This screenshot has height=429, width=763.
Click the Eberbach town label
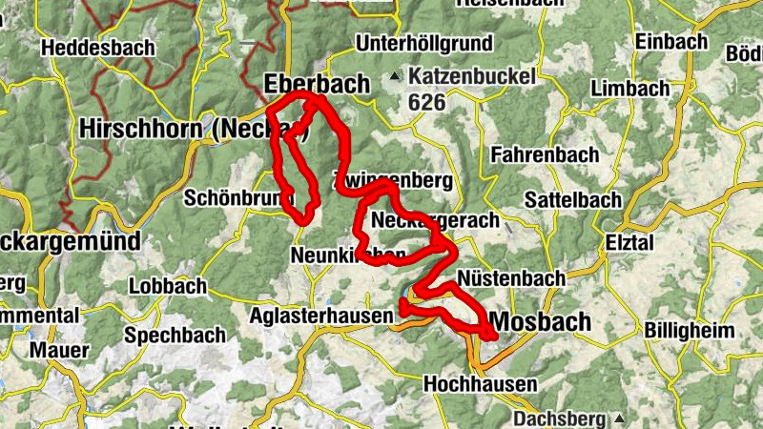(316, 84)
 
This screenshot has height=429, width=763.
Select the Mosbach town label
(541, 321)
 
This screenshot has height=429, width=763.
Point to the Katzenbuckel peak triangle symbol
(395, 73)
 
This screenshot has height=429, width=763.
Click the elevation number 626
(426, 100)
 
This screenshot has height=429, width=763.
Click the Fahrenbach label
(545, 153)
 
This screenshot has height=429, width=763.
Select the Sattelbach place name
(573, 199)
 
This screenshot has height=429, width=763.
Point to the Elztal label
(630, 243)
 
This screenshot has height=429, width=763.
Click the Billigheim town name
(690, 330)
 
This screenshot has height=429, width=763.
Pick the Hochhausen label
(480, 383)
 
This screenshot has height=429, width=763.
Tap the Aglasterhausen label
(321, 316)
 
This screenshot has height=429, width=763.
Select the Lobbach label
(167, 285)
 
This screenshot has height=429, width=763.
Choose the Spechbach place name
(175, 335)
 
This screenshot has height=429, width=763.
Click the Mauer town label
(59, 349)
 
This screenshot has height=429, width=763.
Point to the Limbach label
(630, 88)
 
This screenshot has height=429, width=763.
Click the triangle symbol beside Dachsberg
(620, 419)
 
